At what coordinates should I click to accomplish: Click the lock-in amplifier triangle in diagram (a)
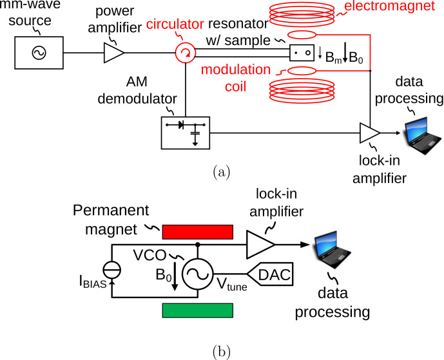[369, 133]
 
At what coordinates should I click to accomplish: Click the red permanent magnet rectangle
[198, 231]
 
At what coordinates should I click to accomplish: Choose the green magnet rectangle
[198, 310]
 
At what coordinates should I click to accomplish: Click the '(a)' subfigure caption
[221, 172]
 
